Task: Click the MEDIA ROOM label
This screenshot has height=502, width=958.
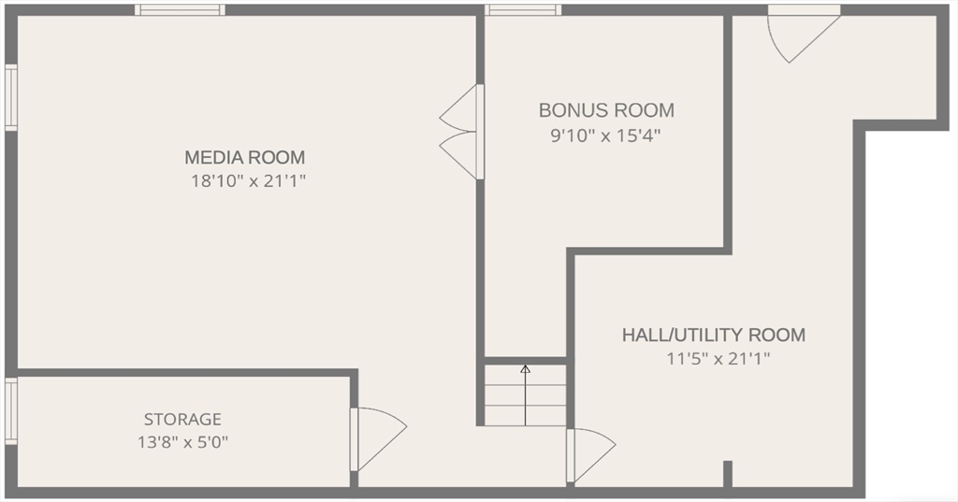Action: point(244,157)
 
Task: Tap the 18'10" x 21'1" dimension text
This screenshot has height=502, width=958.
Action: point(249,181)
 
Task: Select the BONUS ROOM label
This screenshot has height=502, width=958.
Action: point(606,110)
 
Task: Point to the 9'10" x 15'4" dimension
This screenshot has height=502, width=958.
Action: point(606,136)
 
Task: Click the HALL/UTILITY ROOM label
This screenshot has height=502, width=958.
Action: point(714,335)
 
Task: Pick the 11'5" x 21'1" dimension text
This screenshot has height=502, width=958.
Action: point(718,358)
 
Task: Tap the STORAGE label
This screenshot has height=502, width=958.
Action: point(182,420)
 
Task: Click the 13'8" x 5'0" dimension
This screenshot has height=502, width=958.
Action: point(182,442)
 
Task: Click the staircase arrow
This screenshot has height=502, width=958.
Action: point(525,394)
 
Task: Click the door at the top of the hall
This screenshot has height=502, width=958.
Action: point(799,32)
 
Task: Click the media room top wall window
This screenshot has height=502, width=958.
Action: point(180,10)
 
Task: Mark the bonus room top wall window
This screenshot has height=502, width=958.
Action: point(523,10)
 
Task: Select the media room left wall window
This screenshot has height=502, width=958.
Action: point(10,96)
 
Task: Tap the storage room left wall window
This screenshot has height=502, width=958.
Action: point(10,410)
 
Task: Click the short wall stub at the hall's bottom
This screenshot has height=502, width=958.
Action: point(727,473)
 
